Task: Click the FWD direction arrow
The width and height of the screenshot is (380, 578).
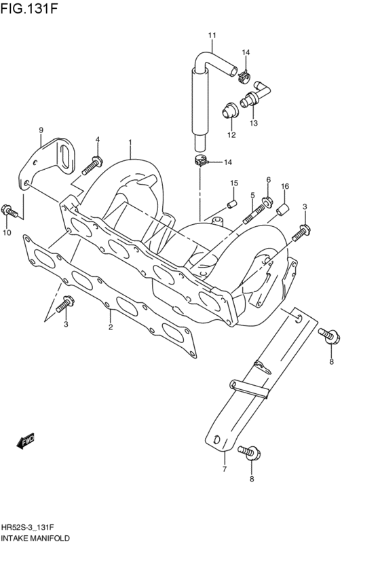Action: pyautogui.click(x=25, y=441)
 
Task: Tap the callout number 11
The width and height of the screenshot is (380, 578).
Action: pyautogui.click(x=212, y=35)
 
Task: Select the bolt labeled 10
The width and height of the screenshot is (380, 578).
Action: pyautogui.click(x=9, y=212)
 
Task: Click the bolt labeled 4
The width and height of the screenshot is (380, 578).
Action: pyautogui.click(x=92, y=166)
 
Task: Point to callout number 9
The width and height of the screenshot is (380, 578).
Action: pyautogui.click(x=41, y=130)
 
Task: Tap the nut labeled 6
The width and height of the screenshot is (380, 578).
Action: pyautogui.click(x=267, y=202)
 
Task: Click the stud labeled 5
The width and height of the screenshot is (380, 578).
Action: pyautogui.click(x=253, y=214)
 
